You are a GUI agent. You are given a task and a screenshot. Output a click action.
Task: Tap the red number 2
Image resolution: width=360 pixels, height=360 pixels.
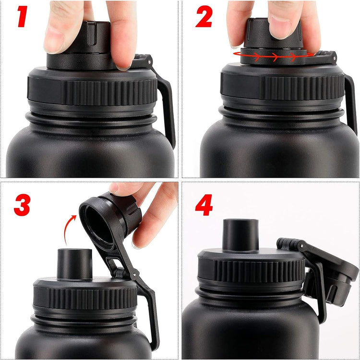(x=204, y=18)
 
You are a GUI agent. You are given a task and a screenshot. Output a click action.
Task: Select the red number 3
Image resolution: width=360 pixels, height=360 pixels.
(x=22, y=203)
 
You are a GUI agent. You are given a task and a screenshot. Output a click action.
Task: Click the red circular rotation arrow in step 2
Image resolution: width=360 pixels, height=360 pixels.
(x=274, y=57)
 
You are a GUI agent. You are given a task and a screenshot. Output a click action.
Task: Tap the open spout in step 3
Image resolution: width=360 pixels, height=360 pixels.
(x=75, y=263)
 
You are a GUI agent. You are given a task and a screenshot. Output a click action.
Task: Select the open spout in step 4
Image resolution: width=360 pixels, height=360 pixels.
(x=241, y=235)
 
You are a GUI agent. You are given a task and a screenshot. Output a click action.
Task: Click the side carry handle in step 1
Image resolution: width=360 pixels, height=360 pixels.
(x=166, y=110)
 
